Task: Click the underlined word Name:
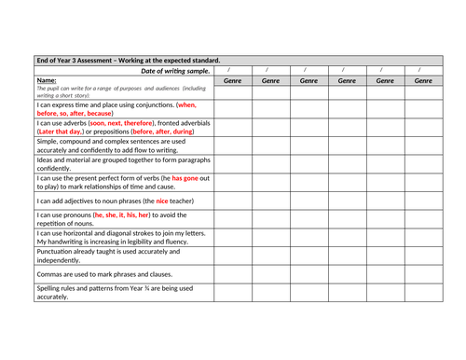[47, 81]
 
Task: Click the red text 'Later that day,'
[64, 132]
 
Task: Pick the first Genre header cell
[232, 81]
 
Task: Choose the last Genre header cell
[422, 81]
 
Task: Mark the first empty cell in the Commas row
[232, 274]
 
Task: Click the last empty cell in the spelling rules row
[422, 293]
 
